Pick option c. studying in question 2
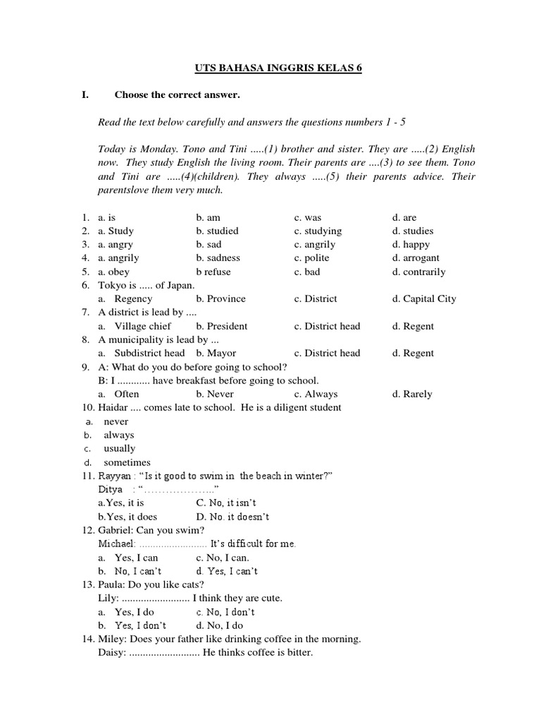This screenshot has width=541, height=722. (x=318, y=231)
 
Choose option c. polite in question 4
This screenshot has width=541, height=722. (x=312, y=258)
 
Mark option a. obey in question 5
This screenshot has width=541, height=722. (x=113, y=271)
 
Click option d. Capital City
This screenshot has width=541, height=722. (x=424, y=299)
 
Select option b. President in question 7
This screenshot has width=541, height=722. (x=222, y=326)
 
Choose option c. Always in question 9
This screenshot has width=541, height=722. (x=316, y=394)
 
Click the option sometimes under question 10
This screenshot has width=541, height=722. (x=127, y=463)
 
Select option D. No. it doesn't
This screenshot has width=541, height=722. (x=232, y=517)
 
